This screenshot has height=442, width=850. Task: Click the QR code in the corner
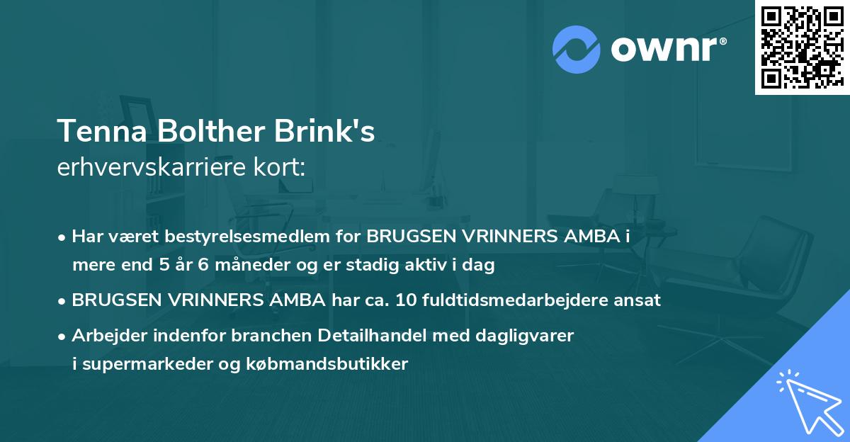tap(802, 47)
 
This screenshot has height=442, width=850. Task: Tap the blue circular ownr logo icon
tap(577, 49)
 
